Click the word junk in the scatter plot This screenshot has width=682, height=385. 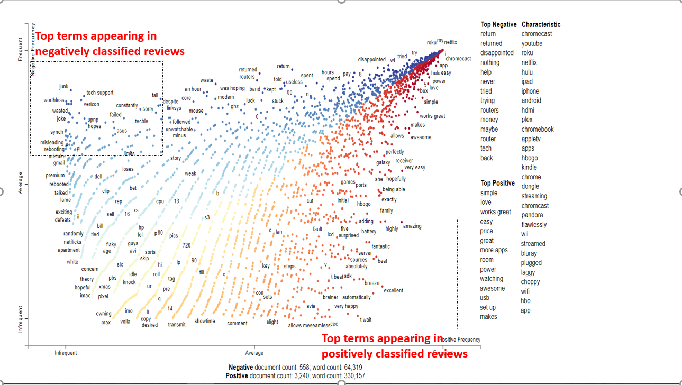click(x=64, y=86)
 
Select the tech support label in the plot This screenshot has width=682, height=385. click(x=100, y=93)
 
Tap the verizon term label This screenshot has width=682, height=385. click(x=92, y=104)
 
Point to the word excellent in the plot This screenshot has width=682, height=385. click(x=393, y=290)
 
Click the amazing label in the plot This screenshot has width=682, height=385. click(x=412, y=226)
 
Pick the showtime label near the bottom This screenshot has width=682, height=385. click(x=205, y=321)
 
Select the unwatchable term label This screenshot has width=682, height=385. click(x=179, y=129)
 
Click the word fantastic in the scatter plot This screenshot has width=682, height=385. click(x=380, y=246)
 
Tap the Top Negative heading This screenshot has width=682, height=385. click(x=498, y=24)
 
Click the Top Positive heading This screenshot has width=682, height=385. click(x=497, y=183)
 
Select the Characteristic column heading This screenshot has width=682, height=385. click(x=541, y=24)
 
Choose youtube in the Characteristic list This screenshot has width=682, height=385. click(x=532, y=43)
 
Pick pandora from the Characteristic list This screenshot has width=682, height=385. click(x=533, y=215)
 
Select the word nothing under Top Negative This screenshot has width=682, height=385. click(x=490, y=62)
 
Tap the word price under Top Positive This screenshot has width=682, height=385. click(x=487, y=231)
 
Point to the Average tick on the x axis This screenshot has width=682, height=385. click(x=254, y=353)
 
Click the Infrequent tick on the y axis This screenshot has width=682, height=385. click(x=21, y=319)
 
